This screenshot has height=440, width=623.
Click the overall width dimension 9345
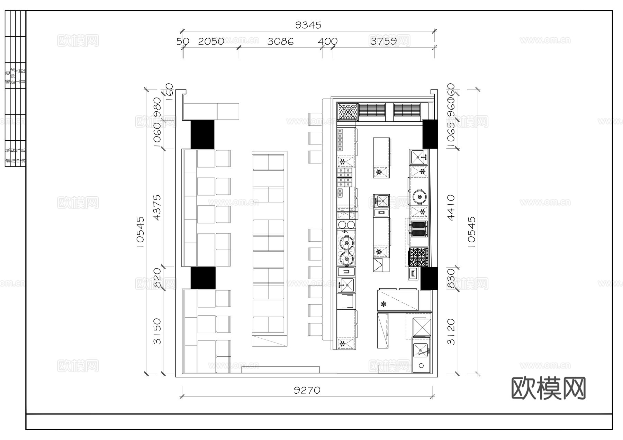308,25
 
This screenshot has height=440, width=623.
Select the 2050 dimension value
211,42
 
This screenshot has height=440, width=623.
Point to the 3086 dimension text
280,42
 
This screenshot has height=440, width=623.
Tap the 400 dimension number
327,42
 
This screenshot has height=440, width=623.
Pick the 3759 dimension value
383,41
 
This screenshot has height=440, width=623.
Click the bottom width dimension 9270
307,390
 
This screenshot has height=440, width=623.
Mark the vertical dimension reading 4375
157,207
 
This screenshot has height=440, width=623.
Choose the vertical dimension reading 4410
451,207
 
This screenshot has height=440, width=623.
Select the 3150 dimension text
157,331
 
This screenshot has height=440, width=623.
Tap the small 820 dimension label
157,278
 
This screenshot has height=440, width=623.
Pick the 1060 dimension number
157,135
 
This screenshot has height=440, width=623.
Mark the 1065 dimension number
451,135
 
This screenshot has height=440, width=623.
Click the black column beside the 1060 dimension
202,135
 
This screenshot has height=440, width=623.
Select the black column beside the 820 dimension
203,278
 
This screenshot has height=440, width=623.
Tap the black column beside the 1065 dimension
430,134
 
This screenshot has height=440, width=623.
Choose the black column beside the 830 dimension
429,279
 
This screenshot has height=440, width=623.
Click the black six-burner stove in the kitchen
418,257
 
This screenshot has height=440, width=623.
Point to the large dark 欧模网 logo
548,388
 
